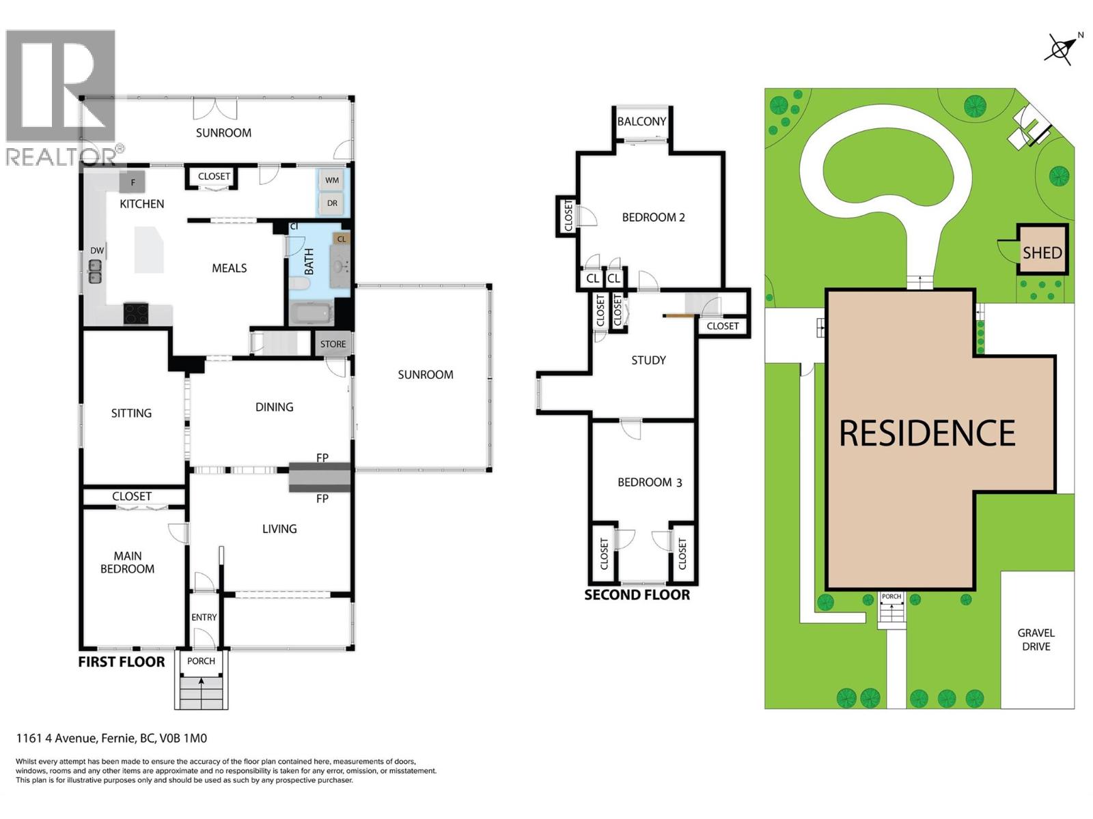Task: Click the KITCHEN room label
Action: pos(141,203)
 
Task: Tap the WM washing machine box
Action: pos(332,180)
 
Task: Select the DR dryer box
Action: pos(332,203)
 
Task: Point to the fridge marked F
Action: pos(133,182)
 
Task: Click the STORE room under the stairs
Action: pos(333,344)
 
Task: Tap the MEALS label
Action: pos(229,268)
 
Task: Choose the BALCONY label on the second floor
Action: pos(641,121)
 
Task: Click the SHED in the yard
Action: pos(1042,253)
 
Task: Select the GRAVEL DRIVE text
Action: pos(1036,640)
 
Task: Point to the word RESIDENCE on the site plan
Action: pos(927,433)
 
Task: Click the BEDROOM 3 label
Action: pos(649,483)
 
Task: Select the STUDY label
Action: pos(648,360)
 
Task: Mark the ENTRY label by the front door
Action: pos(204,617)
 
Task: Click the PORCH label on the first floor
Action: pos(201,661)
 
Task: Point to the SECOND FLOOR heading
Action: pos(637,595)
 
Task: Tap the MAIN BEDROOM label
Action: pos(128,562)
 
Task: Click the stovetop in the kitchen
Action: pos(136,313)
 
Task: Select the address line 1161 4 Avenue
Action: pos(111,738)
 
